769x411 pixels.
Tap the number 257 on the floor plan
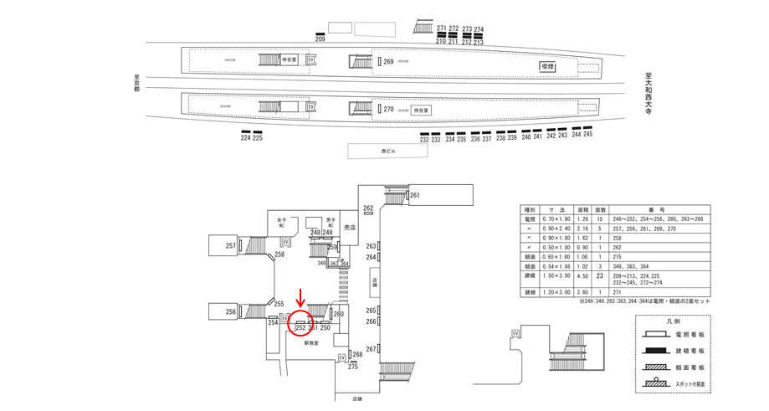tap(230, 246)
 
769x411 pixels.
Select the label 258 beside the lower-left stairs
tap(230, 311)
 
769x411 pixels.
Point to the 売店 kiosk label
tap(349, 226)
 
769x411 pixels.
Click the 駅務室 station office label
tap(312, 343)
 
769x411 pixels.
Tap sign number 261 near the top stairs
tap(413, 196)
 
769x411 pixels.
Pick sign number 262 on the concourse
tap(367, 208)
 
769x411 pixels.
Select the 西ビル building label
tap(387, 151)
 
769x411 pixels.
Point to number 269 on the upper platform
tap(388, 62)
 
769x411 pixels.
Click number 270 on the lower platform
tap(388, 110)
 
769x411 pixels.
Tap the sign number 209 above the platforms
tap(320, 39)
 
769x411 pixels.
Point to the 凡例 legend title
tap(672, 321)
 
